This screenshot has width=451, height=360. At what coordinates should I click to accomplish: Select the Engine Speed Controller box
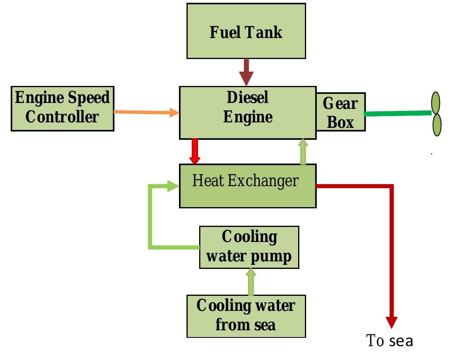point(62,108)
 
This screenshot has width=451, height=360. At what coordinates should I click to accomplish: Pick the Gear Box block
point(340,112)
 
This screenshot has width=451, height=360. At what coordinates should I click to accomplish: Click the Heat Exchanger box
point(247,186)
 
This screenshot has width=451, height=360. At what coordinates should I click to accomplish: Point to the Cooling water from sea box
point(246,316)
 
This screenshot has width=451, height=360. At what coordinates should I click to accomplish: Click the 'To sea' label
point(390,341)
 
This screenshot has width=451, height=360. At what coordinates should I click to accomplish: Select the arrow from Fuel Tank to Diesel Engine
point(246,72)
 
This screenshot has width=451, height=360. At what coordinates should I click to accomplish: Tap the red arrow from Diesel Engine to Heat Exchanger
point(194,152)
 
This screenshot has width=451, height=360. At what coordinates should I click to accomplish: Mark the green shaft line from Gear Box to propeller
point(397,113)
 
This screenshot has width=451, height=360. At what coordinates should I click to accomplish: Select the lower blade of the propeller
point(436,125)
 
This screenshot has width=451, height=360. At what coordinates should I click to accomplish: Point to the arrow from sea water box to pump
point(251,282)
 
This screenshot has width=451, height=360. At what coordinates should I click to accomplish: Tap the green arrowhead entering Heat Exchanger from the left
point(173,185)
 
